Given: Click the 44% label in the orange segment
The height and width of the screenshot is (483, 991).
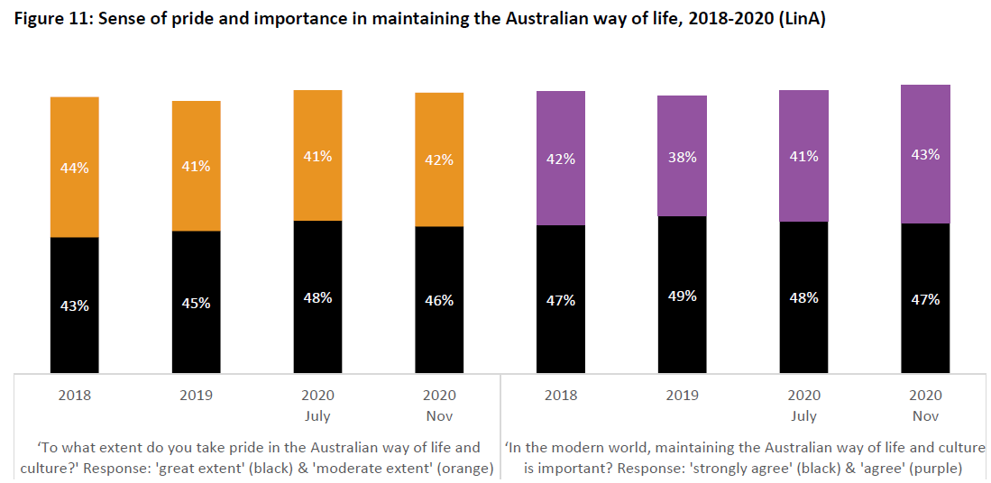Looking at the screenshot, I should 75,167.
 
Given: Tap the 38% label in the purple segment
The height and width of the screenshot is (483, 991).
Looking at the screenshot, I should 683,156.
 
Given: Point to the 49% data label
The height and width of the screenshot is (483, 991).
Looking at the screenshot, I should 683,296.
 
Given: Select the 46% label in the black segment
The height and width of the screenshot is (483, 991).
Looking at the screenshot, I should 439,300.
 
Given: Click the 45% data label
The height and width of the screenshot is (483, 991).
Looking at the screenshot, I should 196,303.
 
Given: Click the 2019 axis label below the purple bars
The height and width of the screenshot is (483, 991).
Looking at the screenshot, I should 683,395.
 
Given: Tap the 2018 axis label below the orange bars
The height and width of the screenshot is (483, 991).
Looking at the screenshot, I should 75,395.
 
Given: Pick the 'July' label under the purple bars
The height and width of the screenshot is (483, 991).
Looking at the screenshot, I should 803,416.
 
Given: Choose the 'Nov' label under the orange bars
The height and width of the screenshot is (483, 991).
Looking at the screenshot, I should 439,416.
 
